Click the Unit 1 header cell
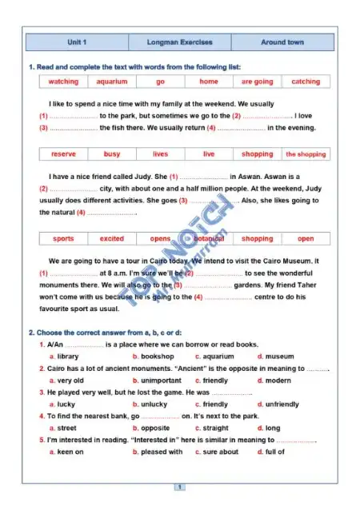click(77, 42)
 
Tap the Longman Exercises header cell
click(180, 42)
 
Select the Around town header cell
click(282, 42)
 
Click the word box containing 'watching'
click(63, 82)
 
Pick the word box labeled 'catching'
click(306, 82)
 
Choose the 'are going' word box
click(257, 82)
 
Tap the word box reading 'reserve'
click(63, 154)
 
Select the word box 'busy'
click(112, 154)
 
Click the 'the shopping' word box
click(306, 154)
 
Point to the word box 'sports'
click(63, 239)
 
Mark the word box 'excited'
click(112, 239)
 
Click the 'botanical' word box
click(209, 239)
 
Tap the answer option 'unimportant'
click(161, 381)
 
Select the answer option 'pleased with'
click(162, 452)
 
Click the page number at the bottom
click(180, 487)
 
